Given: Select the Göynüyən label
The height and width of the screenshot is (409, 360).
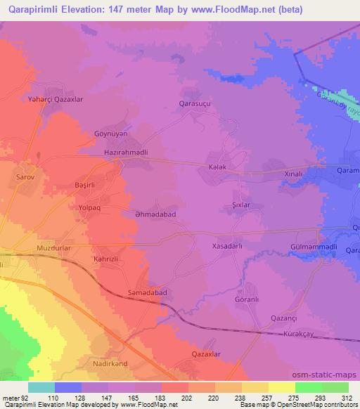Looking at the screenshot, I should coord(111,133).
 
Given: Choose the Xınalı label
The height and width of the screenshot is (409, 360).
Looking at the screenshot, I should coord(292,173).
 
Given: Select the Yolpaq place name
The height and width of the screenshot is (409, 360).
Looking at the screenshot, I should coord(90,209).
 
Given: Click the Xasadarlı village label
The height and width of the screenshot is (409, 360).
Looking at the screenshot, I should coord(227,247).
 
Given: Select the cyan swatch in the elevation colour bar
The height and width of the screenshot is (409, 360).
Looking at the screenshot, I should coord(41,387).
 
